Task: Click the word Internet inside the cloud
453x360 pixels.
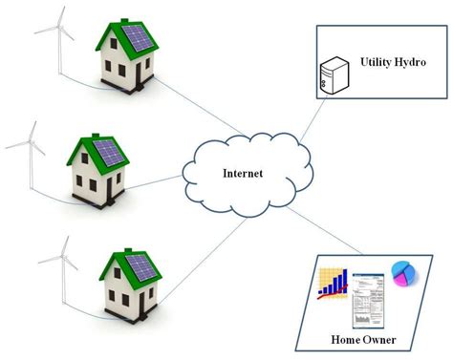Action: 243,174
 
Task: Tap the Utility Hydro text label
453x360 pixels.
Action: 392,63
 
